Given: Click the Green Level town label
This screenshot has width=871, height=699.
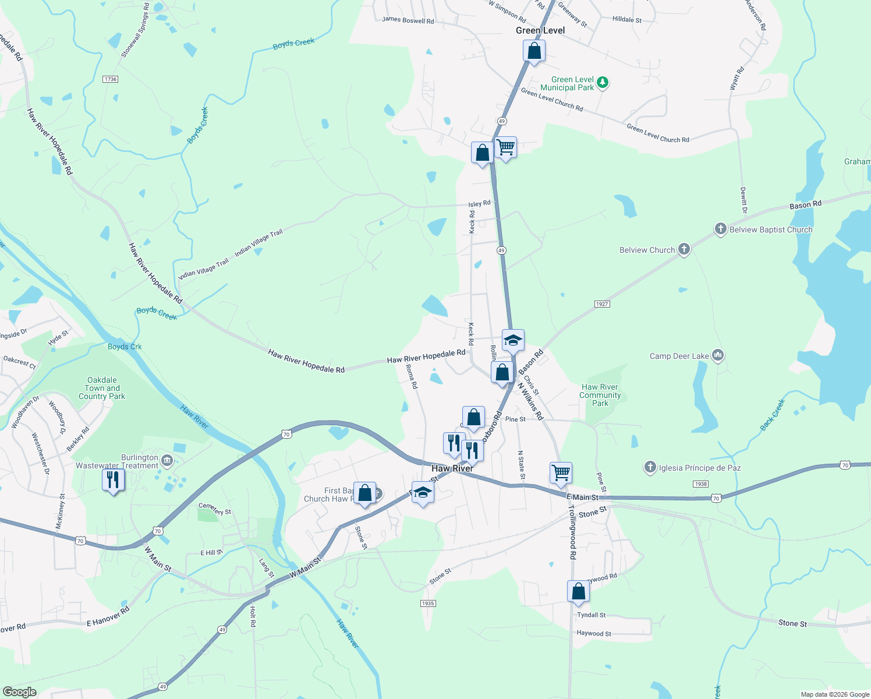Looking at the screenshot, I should pyautogui.click(x=540, y=30).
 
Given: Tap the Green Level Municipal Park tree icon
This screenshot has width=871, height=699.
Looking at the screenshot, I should pyautogui.click(x=603, y=83).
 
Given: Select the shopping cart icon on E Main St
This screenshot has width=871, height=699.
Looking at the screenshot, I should pyautogui.click(x=561, y=473).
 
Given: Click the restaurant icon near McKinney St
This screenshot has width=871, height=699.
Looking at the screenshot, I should pyautogui.click(x=113, y=479).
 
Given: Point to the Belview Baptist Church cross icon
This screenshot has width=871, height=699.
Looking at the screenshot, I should pyautogui.click(x=720, y=229).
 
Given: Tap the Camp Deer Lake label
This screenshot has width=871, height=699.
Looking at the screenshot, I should pyautogui.click(x=679, y=356).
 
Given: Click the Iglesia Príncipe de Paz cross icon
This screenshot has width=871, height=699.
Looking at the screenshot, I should pyautogui.click(x=650, y=467).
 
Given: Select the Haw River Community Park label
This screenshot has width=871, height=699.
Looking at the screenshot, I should pyautogui.click(x=600, y=395).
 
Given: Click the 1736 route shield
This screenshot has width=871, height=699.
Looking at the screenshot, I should pyautogui.click(x=110, y=79).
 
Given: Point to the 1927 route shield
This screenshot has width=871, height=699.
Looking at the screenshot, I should pyautogui.click(x=602, y=304).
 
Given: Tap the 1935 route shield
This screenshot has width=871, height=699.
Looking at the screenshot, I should pyautogui.click(x=428, y=603).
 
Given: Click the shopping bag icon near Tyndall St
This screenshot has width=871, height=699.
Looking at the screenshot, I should pyautogui.click(x=578, y=591).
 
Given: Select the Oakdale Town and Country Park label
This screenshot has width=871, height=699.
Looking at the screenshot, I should pyautogui.click(x=102, y=388).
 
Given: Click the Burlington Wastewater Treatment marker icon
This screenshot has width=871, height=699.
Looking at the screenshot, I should pyautogui.click(x=167, y=461).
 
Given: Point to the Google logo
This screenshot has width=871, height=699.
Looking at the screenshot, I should pyautogui.click(x=19, y=691).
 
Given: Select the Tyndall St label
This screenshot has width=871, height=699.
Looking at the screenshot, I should pyautogui.click(x=591, y=615).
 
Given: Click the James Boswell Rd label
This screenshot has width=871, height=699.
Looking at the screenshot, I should pyautogui.click(x=408, y=20).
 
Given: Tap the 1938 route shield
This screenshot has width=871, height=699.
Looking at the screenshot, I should pyautogui.click(x=700, y=484).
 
